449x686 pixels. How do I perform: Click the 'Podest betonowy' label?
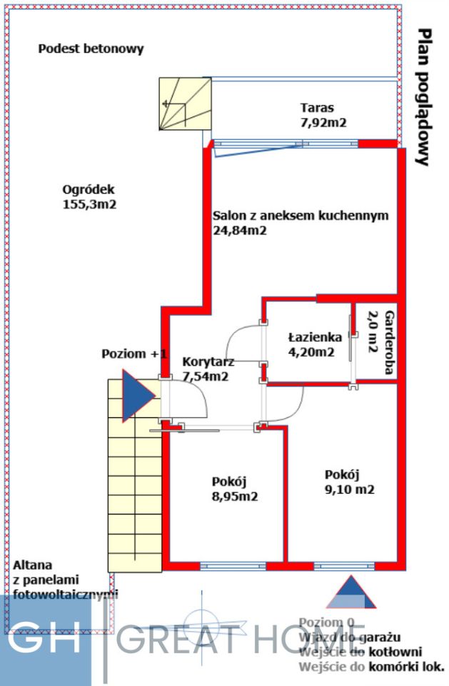coord(91,49)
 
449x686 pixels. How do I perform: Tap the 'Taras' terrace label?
coord(318,109)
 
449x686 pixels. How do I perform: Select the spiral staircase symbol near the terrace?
coord(185,104)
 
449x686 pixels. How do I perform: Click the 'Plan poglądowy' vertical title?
coord(425,97)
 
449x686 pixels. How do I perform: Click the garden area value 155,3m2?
coord(89,204)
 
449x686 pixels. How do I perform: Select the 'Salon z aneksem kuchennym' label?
coord(300,216)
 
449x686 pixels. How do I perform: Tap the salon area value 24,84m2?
coord(240,230)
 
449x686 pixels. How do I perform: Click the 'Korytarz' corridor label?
coord(208,362)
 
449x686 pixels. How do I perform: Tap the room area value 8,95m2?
coord(234,495)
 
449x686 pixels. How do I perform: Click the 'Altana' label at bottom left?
coord(32,565)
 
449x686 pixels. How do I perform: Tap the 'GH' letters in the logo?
coord(44,640)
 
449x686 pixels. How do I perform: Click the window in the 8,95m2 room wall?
coord(223,566)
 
